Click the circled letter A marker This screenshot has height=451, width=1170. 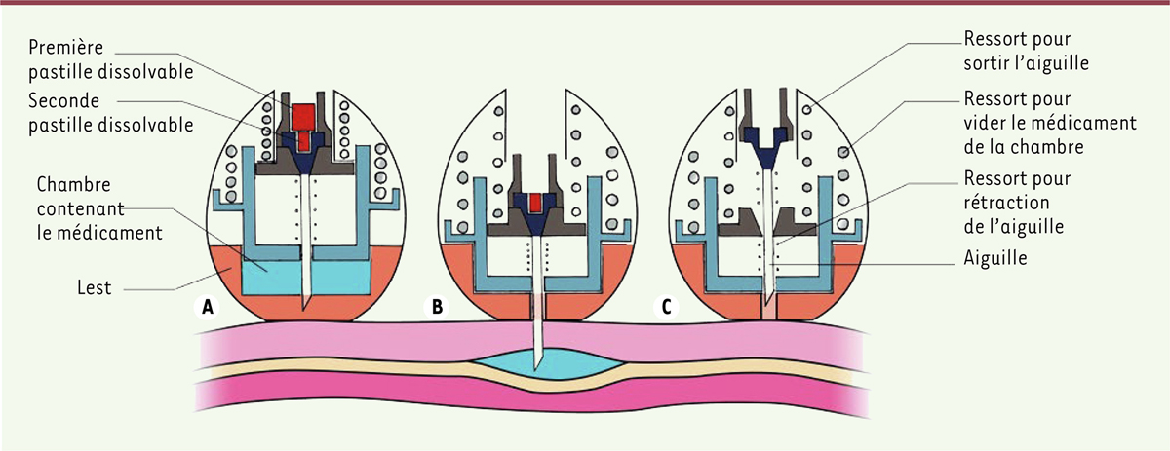click(208, 307)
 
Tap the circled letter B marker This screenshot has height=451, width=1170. click(437, 307)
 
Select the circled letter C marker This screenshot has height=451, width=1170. click(666, 307)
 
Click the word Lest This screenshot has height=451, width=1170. click(95, 287)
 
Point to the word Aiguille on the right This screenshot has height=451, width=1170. click(995, 258)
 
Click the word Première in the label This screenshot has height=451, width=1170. click(66, 47)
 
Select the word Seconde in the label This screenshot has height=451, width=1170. click(63, 100)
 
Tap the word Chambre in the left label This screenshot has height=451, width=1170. click(74, 184)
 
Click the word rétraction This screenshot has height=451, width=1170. click(1005, 203)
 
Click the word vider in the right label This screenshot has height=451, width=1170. click(984, 123)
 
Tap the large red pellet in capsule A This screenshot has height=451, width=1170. click(303, 116)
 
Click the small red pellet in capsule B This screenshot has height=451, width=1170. click(534, 203)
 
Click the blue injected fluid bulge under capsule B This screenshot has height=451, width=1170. click(548, 364)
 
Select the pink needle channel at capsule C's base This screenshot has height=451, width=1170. click(768, 312)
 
